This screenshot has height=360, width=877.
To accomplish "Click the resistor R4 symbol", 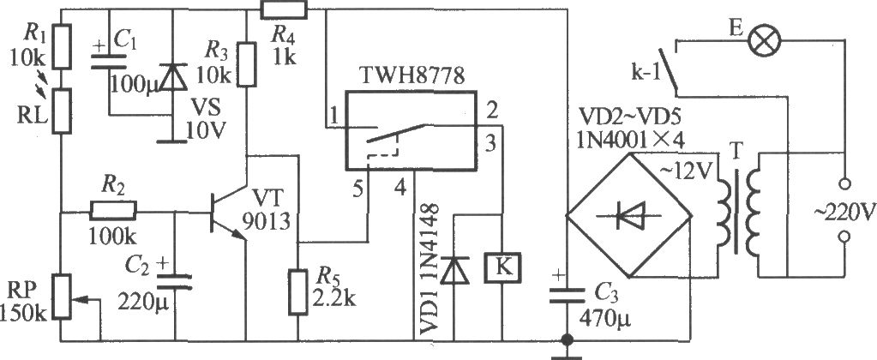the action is tap(285, 9).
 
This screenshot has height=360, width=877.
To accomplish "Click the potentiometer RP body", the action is tap(62, 297).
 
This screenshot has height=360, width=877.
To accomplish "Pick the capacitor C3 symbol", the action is tap(566, 296).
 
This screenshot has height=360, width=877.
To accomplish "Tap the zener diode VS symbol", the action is tap(172, 78).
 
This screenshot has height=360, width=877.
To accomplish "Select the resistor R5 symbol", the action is tap(298, 291).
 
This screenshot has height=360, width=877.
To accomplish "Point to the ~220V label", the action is tap(845, 212).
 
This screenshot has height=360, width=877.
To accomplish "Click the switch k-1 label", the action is tap(644, 75).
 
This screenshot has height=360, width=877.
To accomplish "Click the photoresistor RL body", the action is tap(62, 110).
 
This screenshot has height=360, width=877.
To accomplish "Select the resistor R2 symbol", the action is tap(112, 212).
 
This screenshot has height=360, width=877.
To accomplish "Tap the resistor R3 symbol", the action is tap(247, 63).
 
